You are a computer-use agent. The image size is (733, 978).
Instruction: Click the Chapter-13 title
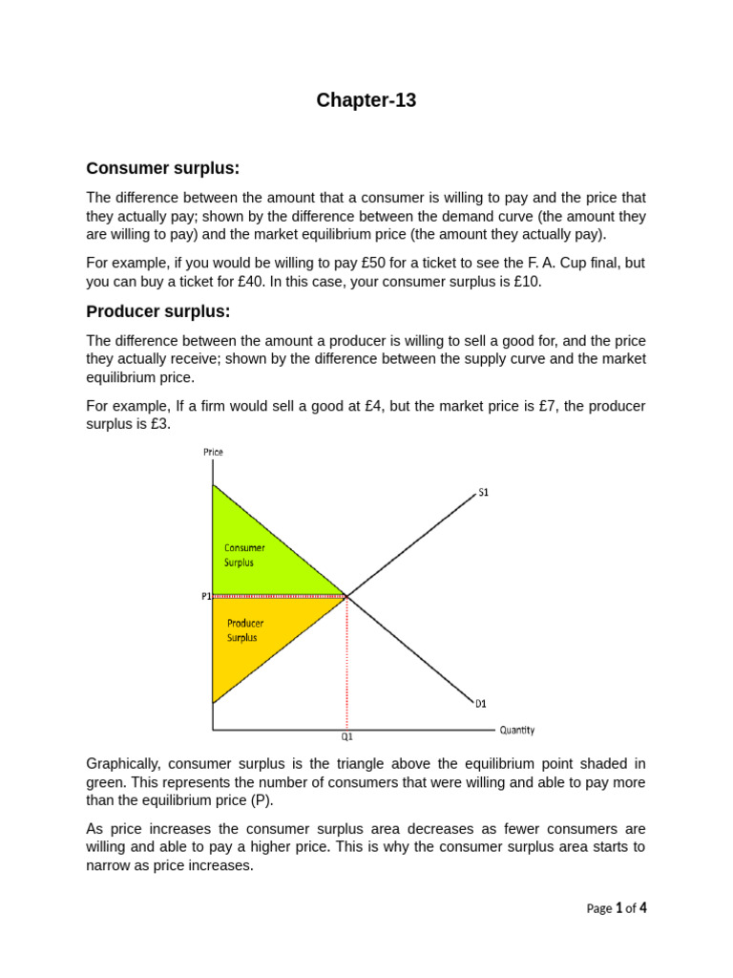(x=366, y=100)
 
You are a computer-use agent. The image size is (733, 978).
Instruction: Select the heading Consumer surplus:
(x=162, y=169)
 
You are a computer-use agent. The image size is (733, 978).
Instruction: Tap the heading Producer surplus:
(x=158, y=312)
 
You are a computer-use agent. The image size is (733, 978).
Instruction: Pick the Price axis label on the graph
(x=213, y=452)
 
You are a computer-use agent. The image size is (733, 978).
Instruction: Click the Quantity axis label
(x=516, y=731)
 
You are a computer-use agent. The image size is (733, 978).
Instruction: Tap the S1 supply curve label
(x=483, y=493)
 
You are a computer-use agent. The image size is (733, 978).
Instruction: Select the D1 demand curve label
(x=481, y=704)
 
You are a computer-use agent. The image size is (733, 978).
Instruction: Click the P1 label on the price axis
(x=205, y=596)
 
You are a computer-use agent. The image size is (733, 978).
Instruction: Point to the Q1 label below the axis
(x=346, y=737)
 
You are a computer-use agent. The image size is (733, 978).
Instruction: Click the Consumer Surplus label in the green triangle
(x=244, y=555)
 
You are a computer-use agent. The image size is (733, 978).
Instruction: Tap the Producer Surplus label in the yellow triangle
(x=244, y=630)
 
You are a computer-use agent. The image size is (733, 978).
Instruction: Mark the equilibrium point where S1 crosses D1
(x=346, y=596)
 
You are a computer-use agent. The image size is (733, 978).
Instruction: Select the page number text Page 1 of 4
(x=616, y=908)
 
